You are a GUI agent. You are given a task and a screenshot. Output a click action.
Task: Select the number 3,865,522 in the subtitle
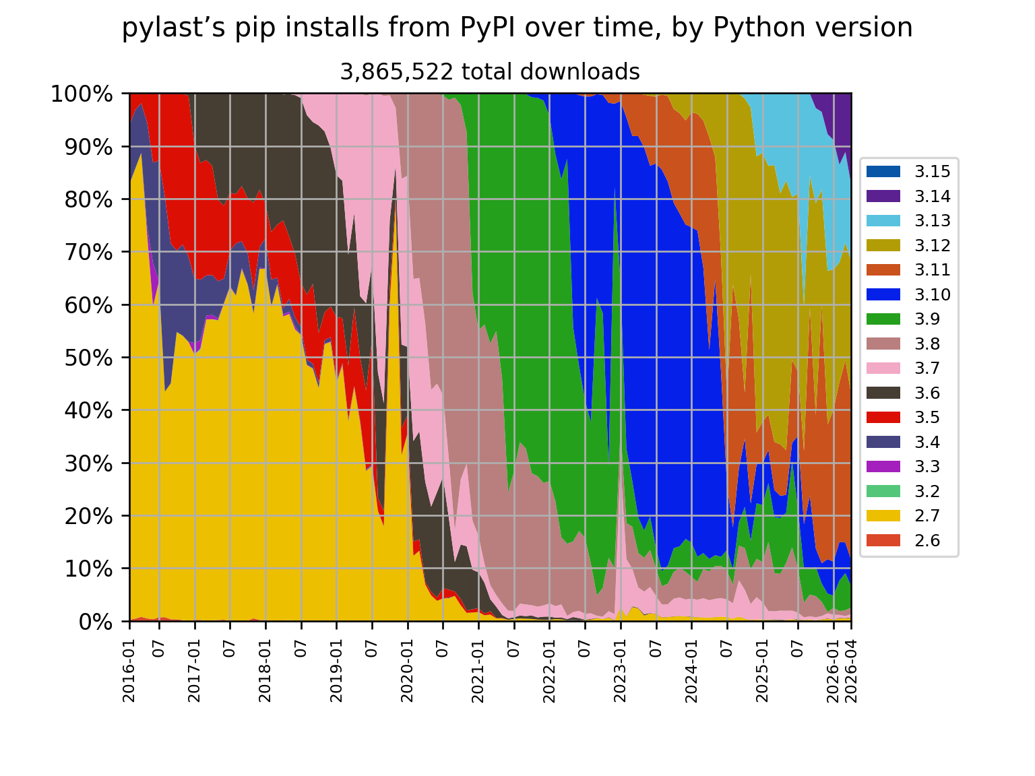(396, 72)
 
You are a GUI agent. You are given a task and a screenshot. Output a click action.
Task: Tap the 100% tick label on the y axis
(82, 94)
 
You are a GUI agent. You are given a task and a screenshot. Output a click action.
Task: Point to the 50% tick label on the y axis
(89, 358)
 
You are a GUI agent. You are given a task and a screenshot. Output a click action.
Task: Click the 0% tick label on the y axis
(96, 622)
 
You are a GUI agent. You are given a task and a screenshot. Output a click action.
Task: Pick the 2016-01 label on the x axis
(129, 670)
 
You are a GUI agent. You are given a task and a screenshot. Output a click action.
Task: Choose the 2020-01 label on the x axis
(407, 670)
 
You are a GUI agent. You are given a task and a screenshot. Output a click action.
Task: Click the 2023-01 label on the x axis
(620, 670)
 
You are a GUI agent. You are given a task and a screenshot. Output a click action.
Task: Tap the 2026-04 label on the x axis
(850, 670)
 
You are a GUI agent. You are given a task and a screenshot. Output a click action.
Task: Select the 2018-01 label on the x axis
(265, 670)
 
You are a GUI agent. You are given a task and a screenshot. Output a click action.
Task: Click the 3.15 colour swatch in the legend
(883, 172)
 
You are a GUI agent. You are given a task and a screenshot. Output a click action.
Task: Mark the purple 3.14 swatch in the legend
(883, 196)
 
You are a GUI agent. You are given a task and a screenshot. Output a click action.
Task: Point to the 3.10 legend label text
(932, 294)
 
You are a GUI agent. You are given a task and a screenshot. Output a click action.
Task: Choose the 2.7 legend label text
(927, 515)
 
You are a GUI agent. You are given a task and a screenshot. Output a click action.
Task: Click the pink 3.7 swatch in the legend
(883, 368)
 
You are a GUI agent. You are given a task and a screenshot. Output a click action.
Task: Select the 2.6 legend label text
(927, 540)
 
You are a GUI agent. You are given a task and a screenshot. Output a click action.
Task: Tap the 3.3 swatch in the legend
(883, 466)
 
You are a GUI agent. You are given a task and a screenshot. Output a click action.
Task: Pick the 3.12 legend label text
(932, 245)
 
